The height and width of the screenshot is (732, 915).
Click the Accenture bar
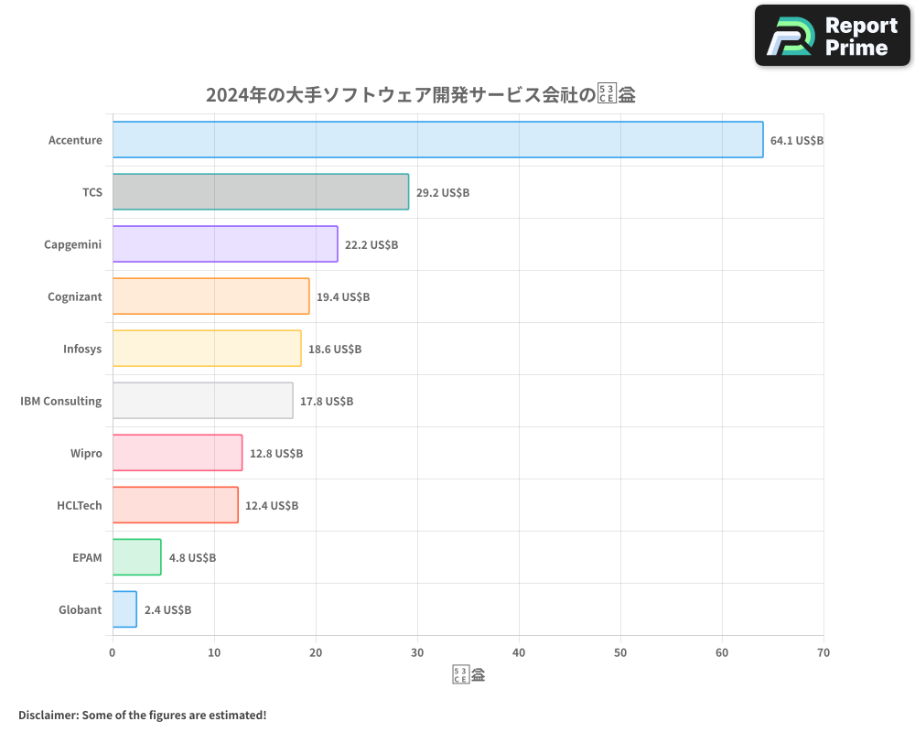click(437, 140)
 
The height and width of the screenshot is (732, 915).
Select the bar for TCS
click(261, 192)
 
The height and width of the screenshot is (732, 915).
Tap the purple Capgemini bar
click(225, 244)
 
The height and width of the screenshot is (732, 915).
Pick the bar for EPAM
click(136, 557)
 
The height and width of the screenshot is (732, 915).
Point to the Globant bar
click(124, 609)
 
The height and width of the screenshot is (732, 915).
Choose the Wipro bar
click(178, 453)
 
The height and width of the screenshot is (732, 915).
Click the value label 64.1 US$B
click(797, 141)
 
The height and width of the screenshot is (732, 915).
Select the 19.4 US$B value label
click(343, 297)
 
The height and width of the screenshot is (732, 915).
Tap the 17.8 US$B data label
click(327, 402)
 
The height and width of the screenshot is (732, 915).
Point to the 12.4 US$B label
click(272, 506)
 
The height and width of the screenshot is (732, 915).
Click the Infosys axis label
click(82, 350)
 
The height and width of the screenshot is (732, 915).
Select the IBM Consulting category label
click(61, 402)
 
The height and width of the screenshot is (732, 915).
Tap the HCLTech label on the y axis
click(80, 506)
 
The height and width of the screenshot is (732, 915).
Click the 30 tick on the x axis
click(417, 653)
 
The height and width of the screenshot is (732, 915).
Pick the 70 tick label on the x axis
click(823, 653)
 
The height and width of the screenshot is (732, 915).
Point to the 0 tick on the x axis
click(113, 653)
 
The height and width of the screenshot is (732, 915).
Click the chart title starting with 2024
click(421, 94)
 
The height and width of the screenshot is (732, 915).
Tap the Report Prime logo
click(833, 36)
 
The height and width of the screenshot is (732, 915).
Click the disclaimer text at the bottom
click(143, 715)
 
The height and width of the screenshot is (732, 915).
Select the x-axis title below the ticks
click(468, 676)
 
